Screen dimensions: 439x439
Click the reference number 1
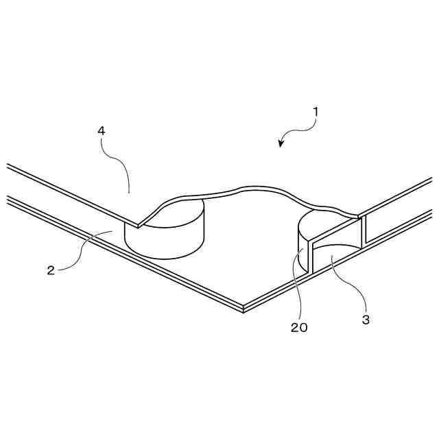pyautogui.click(x=316, y=110)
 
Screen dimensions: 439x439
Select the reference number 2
pyautogui.click(x=51, y=270)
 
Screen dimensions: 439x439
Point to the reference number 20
pyautogui.click(x=299, y=327)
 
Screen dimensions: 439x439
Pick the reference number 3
pyautogui.click(x=366, y=319)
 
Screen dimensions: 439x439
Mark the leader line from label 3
pyautogui.click(x=350, y=281)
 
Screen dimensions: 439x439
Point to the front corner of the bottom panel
pyautogui.click(x=244, y=307)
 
